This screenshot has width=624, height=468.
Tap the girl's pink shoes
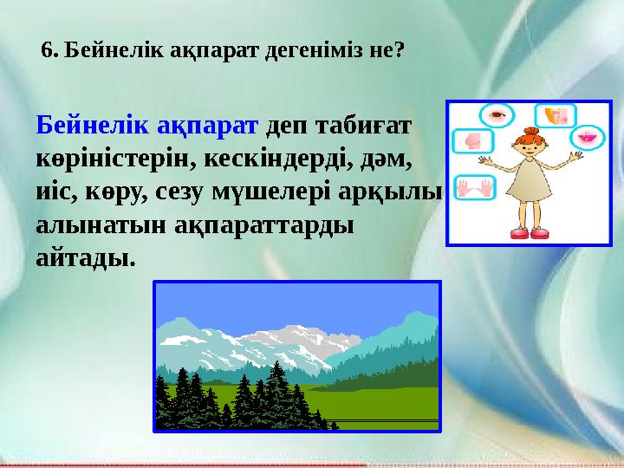pos(530,232)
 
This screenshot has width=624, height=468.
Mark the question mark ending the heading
pos(399,50)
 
